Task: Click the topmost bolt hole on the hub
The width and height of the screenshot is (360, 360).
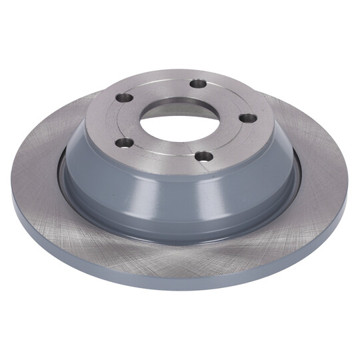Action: [x=198, y=83]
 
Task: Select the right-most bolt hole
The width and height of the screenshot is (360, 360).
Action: [x=247, y=118]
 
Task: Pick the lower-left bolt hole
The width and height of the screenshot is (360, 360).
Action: [x=123, y=142]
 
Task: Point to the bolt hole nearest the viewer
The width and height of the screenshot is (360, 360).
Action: [x=203, y=157]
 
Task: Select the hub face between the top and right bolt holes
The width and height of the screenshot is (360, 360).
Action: [x=230, y=97]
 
